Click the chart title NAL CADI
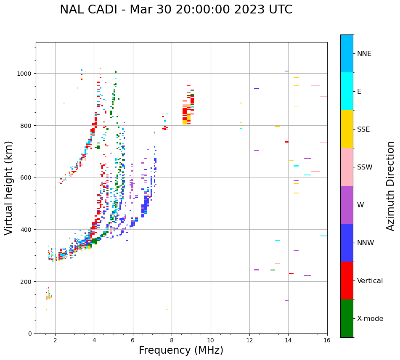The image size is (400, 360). pos(176,10)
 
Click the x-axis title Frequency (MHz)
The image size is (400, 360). pos(181,350)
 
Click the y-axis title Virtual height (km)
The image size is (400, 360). pos(9,188)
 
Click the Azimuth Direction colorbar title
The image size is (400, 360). pos(391,186)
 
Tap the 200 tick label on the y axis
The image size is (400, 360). pos(27,281)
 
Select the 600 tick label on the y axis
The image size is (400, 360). pos(27,177)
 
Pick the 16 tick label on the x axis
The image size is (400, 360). pos(327,341)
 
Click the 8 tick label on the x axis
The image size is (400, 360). pos(172,341)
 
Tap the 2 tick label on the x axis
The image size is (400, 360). pos(55,341)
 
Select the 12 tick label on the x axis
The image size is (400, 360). pos(249,341)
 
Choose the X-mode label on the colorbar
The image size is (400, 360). pos(370,319)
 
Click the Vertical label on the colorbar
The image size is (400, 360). pos(370,281)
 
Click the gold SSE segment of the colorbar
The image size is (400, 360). pos(347,129)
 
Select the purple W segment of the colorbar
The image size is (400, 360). pos(347,205)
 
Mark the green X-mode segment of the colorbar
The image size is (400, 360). pos(347,318)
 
